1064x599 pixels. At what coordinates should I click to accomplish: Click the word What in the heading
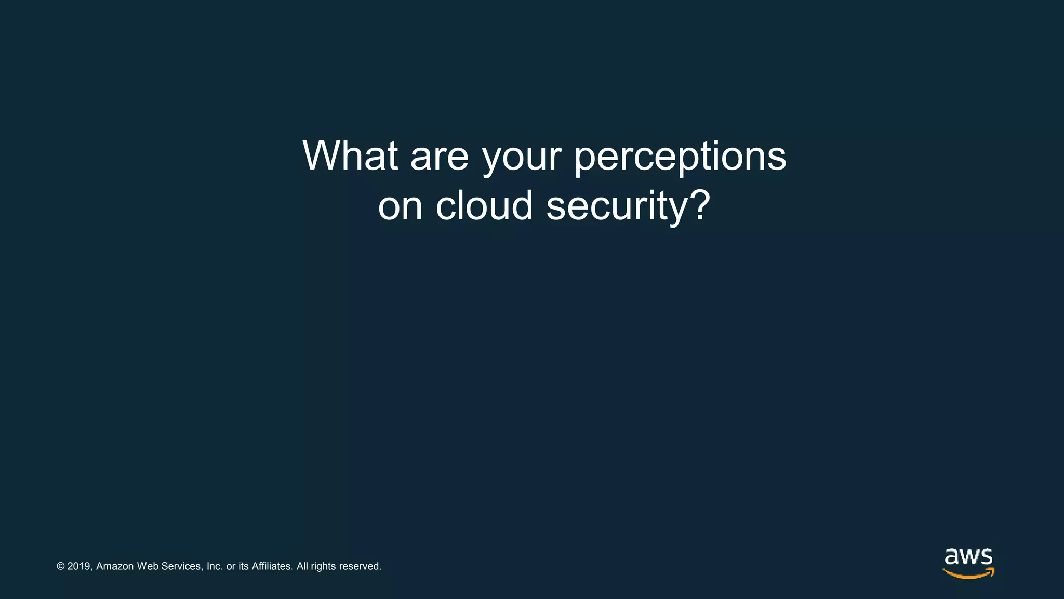[350, 155]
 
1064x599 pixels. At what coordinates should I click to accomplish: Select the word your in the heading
[522, 158]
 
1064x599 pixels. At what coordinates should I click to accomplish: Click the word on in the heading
[400, 206]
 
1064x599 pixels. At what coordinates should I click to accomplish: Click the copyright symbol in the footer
[61, 566]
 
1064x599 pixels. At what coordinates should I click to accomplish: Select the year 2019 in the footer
[79, 566]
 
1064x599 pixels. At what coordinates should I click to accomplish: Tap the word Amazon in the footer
[115, 566]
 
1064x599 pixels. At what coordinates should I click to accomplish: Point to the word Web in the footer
[148, 566]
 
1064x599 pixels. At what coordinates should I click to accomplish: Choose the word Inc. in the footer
[215, 566]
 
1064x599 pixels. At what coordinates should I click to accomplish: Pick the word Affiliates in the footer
[272, 566]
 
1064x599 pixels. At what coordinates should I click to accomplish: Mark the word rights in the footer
[323, 566]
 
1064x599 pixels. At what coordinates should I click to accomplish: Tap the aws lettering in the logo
[968, 557]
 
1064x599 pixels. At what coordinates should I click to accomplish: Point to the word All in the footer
[302, 566]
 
